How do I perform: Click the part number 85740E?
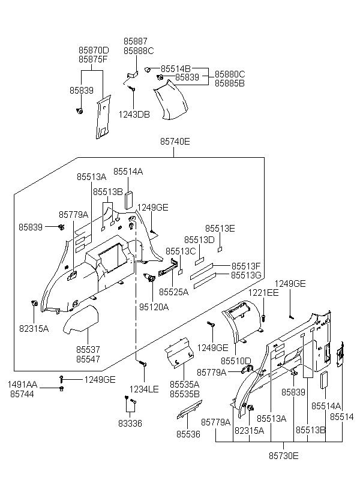tap(175, 142)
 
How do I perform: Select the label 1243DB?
tap(134, 115)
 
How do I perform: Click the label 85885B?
tap(230, 83)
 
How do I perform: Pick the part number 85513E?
tap(220, 229)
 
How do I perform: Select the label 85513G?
tap(246, 275)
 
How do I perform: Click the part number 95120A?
tap(154, 307)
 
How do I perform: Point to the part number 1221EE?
tap(265, 292)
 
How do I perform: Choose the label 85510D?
tap(236, 361)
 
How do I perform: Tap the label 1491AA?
tap(22, 384)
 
